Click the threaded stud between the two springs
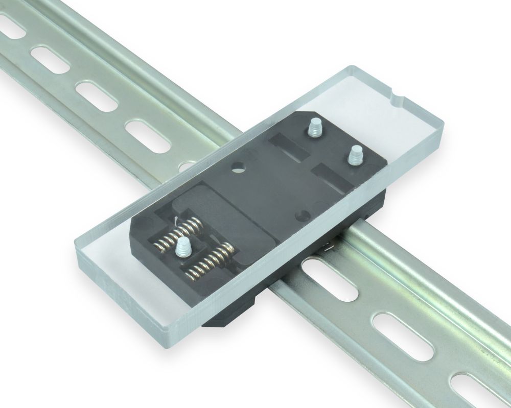click(182, 248)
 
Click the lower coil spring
click(210, 261)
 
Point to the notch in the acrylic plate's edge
click(398, 95)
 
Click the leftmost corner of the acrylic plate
click(77, 240)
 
